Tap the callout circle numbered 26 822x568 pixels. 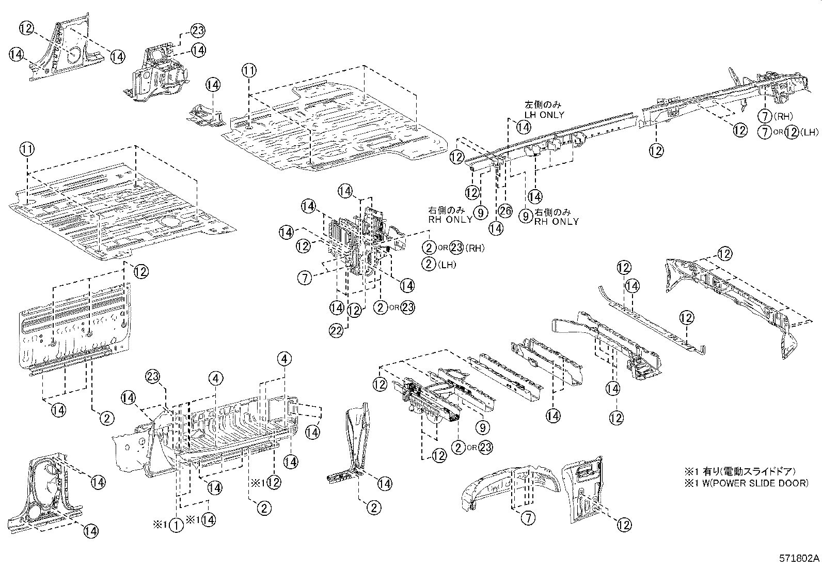pyautogui.click(x=505, y=210)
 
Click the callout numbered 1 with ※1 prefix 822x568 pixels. pyautogui.click(x=176, y=525)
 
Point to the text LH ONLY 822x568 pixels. pyautogui.click(x=544, y=115)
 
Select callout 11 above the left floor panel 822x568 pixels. pyautogui.click(x=27, y=150)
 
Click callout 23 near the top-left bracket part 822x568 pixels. pyautogui.click(x=198, y=30)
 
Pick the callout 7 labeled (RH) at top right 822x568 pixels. pyautogui.click(x=765, y=116)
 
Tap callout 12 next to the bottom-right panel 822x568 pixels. pyautogui.click(x=624, y=525)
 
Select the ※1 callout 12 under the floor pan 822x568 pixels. pyautogui.click(x=274, y=483)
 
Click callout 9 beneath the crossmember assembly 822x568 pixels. pyautogui.click(x=483, y=427)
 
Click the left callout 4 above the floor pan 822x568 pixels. pyautogui.click(x=216, y=379)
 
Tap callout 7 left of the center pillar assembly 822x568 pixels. pyautogui.click(x=305, y=278)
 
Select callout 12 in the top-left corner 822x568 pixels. pyautogui.click(x=28, y=27)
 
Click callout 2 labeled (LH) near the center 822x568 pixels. pyautogui.click(x=429, y=264)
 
